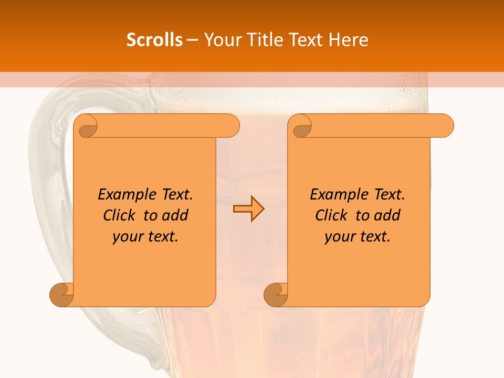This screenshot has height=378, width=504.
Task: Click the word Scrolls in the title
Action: (155, 40)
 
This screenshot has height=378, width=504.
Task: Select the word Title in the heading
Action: (264, 40)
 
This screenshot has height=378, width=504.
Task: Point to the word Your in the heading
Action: (222, 40)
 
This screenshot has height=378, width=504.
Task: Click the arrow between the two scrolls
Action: (248, 208)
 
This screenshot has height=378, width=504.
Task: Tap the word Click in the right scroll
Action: (332, 216)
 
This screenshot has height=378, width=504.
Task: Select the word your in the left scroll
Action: (127, 237)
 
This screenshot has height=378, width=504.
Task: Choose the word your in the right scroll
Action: (339, 237)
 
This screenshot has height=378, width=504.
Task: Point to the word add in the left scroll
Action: (175, 216)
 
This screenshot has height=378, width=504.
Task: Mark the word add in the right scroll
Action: (387, 216)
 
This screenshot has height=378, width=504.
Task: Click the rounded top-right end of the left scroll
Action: (231, 126)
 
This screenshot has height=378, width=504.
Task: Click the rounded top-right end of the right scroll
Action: (445, 126)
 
